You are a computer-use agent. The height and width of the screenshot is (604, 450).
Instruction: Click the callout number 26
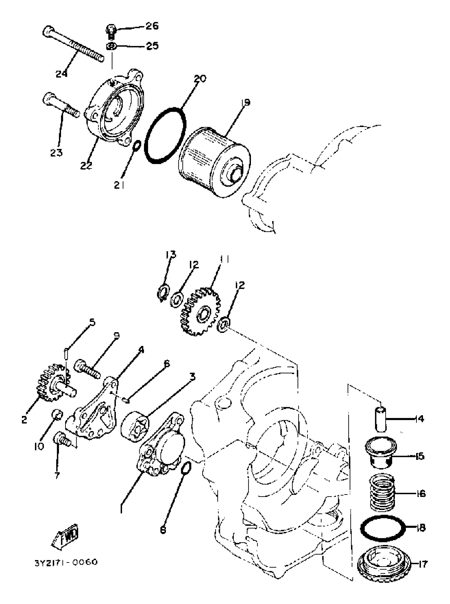click(x=152, y=26)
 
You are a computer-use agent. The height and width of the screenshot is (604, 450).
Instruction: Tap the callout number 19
click(x=245, y=103)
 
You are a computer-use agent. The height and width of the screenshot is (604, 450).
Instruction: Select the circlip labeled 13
click(x=164, y=293)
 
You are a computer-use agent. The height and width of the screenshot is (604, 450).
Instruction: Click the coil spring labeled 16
click(x=382, y=493)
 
